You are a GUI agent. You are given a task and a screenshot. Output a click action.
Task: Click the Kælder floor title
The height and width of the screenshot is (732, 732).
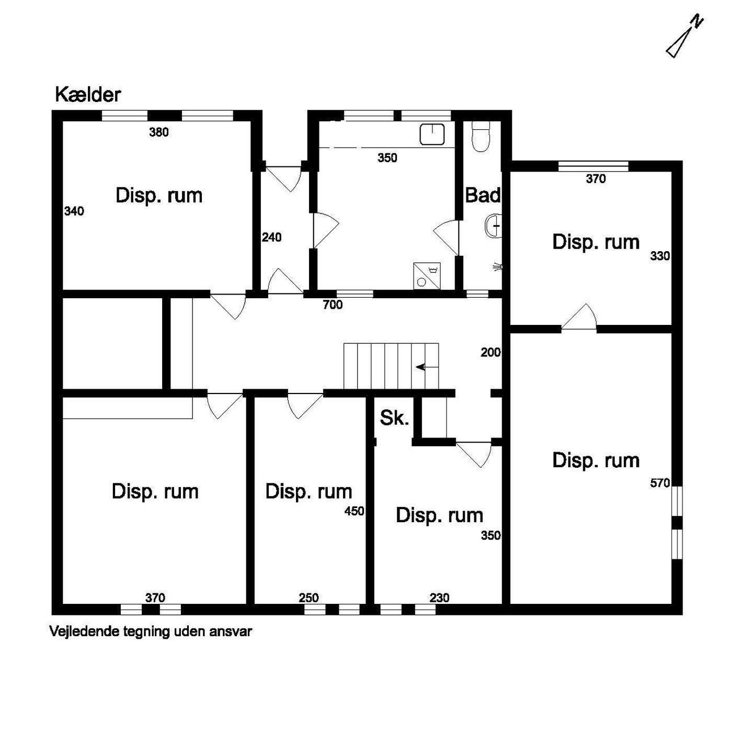[x=88, y=95]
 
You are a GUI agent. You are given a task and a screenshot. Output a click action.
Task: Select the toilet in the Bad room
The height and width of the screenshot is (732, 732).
[x=481, y=137]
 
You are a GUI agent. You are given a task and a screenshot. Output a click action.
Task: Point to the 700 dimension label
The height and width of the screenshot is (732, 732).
[x=333, y=305]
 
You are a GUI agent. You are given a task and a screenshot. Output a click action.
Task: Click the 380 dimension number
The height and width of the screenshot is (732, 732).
[x=159, y=132]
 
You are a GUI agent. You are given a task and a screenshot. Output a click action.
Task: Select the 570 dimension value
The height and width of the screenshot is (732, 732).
[x=660, y=483]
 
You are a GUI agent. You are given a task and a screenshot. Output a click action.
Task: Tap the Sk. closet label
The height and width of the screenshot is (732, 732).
[x=394, y=418]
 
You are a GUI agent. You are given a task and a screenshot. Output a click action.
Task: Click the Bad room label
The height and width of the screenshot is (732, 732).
[x=483, y=195]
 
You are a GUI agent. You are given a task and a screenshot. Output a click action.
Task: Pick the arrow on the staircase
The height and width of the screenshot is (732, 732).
[x=427, y=367]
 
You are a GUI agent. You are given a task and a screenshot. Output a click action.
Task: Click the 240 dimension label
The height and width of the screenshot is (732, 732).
[x=271, y=237]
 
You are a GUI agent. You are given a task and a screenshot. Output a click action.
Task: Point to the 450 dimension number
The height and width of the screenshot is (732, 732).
[x=354, y=511]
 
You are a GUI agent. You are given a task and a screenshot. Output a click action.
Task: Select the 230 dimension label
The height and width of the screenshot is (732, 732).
[x=440, y=598]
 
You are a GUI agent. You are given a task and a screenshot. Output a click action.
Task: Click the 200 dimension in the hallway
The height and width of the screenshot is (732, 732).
[x=491, y=353]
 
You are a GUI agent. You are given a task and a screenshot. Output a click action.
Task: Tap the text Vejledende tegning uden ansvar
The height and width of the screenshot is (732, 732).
[x=151, y=632]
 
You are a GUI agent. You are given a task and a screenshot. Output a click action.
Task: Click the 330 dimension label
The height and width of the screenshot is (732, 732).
[x=660, y=256]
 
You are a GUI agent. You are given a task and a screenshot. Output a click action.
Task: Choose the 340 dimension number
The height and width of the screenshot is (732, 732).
[x=74, y=211]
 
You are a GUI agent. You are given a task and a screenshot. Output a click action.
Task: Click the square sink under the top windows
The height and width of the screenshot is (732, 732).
[x=432, y=134]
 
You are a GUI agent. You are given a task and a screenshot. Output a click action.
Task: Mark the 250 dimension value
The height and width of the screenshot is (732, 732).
[x=308, y=598]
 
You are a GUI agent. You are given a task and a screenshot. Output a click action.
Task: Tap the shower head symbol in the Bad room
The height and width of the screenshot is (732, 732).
[x=498, y=267]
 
